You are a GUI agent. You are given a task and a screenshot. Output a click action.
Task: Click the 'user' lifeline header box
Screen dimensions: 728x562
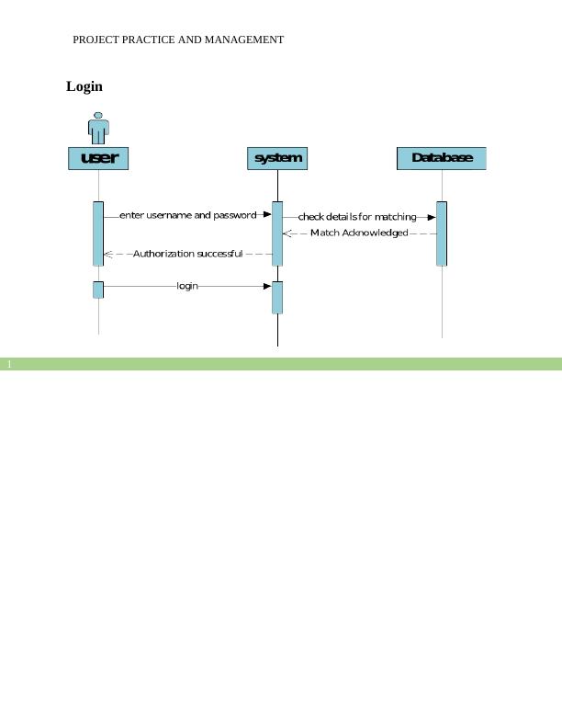(x=98, y=158)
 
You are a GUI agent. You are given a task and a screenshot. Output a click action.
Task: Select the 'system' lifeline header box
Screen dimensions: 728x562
(x=277, y=158)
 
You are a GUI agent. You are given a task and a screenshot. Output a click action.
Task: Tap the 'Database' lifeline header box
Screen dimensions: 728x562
(x=441, y=158)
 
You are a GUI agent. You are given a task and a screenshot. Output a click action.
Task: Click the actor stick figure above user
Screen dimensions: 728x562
(x=98, y=128)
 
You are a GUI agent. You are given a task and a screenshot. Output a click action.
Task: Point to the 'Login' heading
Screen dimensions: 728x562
(x=84, y=86)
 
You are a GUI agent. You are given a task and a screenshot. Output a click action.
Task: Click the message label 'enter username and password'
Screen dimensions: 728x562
(x=188, y=215)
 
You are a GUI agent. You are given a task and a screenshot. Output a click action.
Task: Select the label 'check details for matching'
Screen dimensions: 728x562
(x=357, y=217)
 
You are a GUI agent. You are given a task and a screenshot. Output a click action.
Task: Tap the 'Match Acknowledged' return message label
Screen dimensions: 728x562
(x=359, y=233)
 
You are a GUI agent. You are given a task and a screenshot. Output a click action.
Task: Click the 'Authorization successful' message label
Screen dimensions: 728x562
(x=187, y=254)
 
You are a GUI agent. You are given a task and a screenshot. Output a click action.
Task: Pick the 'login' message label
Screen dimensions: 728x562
(x=187, y=286)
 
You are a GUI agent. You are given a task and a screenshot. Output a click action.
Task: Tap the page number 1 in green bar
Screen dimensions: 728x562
(x=9, y=365)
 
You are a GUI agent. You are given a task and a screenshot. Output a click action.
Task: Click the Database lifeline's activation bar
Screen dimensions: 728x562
(x=442, y=233)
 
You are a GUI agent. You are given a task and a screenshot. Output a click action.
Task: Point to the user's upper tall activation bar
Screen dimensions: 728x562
(x=98, y=233)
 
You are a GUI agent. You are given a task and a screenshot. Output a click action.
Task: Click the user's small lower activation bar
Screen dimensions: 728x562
(x=98, y=290)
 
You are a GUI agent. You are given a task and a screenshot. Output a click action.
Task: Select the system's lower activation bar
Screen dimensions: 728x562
(x=277, y=297)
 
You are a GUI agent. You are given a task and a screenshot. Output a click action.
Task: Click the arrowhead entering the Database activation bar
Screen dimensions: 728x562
(x=431, y=218)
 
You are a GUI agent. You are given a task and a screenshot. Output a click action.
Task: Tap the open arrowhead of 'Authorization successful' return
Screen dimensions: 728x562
(x=108, y=254)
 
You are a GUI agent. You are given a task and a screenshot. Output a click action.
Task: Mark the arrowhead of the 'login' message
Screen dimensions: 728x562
(x=267, y=286)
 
